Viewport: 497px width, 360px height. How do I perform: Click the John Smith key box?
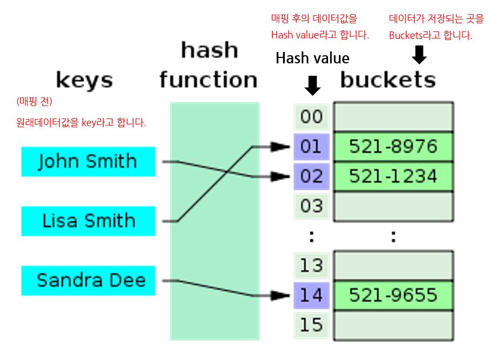pyautogui.click(x=88, y=161)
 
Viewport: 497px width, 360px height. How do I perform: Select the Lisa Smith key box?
pyautogui.click(x=88, y=221)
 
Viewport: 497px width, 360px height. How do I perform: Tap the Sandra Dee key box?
pyautogui.click(x=88, y=280)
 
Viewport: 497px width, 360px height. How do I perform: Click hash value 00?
pyautogui.click(x=311, y=117)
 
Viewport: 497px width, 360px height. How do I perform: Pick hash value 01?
pyautogui.click(x=311, y=147)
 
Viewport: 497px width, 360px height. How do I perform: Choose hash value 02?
pyautogui.click(x=311, y=176)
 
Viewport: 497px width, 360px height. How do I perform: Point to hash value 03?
pyautogui.click(x=311, y=206)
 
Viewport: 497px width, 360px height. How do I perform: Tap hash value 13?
pyautogui.click(x=311, y=266)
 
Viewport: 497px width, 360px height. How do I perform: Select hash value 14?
pyautogui.click(x=311, y=296)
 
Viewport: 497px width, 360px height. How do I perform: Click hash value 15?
pyautogui.click(x=311, y=325)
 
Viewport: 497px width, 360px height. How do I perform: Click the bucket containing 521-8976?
pyautogui.click(x=393, y=147)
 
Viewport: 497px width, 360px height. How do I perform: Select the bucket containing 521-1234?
pyautogui.click(x=393, y=176)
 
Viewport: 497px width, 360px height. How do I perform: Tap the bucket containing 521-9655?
pyautogui.click(x=393, y=296)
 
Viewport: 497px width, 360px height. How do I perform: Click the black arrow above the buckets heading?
pyautogui.click(x=420, y=54)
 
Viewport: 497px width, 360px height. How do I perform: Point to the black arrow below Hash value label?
pyautogui.click(x=312, y=85)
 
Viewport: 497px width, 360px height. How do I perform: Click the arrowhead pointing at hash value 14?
pyautogui.click(x=281, y=296)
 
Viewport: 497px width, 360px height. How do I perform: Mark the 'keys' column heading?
pyautogui.click(x=84, y=81)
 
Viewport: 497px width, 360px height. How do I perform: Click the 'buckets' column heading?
pyautogui.click(x=388, y=80)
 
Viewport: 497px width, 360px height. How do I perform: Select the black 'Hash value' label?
pyautogui.click(x=312, y=58)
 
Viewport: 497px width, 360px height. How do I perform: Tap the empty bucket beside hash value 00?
pyautogui.click(x=393, y=117)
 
